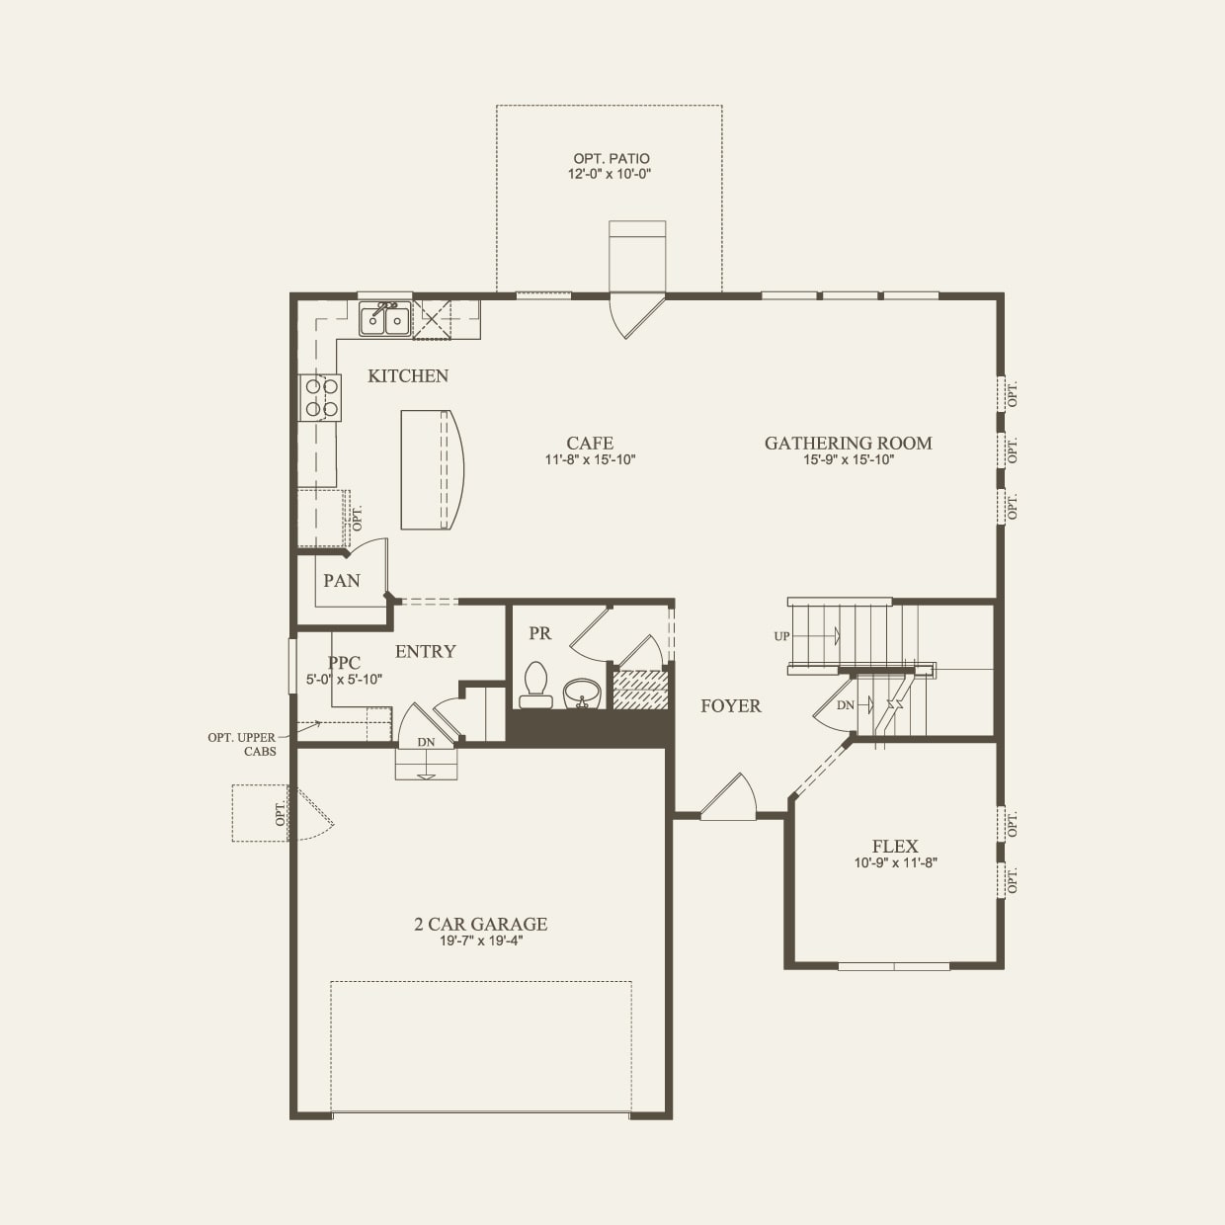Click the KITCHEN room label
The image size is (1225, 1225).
tap(408, 376)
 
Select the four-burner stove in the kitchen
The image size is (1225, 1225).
tap(321, 397)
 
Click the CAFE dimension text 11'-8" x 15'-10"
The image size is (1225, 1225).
tap(590, 459)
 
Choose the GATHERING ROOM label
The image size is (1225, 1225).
tap(848, 444)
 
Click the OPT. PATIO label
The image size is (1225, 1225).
tap(612, 158)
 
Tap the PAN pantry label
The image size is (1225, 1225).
tap(342, 581)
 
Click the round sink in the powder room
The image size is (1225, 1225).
tap(581, 694)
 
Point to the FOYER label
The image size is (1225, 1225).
tap(731, 705)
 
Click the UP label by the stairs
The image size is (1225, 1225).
tap(781, 636)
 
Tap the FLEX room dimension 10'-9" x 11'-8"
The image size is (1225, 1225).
tap(895, 862)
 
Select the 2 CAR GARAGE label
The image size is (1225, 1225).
tap(480, 925)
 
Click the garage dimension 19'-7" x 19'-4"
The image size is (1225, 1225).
tap(480, 940)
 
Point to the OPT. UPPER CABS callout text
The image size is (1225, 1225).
tap(242, 744)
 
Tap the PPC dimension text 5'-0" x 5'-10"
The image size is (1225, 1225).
tap(344, 680)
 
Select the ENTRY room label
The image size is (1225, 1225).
tap(425, 652)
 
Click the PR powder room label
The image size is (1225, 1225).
tap(539, 633)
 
